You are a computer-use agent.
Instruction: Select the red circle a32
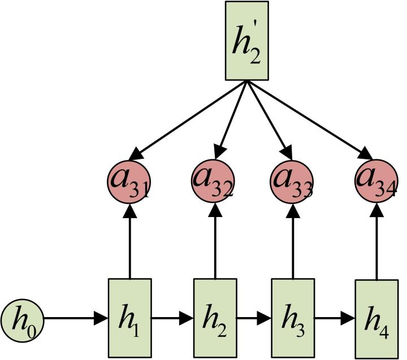[213, 181]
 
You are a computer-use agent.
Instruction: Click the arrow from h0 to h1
[76, 319]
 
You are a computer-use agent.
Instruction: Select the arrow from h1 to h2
[172, 319]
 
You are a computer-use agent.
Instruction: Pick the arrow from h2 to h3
[254, 319]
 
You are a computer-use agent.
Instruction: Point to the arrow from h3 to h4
[334, 319]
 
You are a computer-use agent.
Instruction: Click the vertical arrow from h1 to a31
[130, 240]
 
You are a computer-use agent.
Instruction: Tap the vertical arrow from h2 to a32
[215, 240]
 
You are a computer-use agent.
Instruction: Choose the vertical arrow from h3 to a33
[293, 240]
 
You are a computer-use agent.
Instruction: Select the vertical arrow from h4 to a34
[376, 240]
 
